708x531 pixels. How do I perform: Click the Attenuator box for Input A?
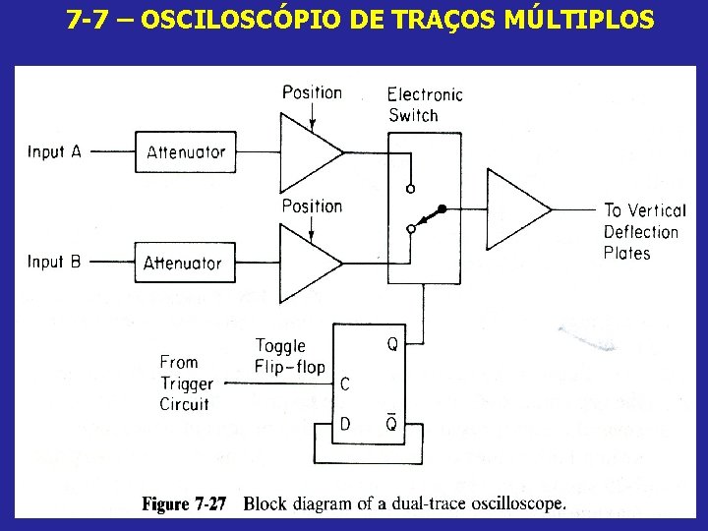(186, 152)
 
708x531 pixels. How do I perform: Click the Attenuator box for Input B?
(182, 263)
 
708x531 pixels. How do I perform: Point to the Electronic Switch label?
(424, 104)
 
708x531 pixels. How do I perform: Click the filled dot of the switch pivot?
(442, 208)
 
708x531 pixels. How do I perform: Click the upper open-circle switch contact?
(410, 188)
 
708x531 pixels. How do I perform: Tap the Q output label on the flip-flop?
(392, 344)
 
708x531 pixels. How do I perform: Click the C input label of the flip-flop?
(345, 384)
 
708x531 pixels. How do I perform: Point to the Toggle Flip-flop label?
(289, 357)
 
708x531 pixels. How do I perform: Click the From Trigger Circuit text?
(186, 383)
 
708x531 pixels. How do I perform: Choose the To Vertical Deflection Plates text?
(643, 232)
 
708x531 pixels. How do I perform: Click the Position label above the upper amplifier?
(312, 92)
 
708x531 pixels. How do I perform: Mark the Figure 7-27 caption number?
(184, 504)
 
